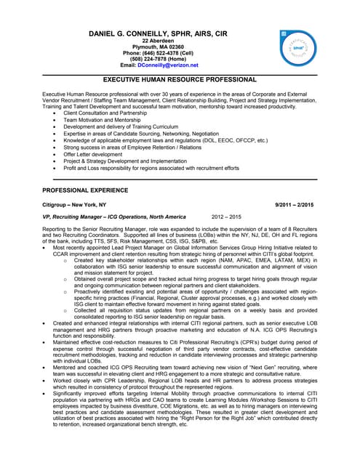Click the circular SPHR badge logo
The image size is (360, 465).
coord(298,48)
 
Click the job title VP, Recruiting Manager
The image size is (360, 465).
coord(81,217)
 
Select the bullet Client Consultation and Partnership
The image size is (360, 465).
coord(110,113)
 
